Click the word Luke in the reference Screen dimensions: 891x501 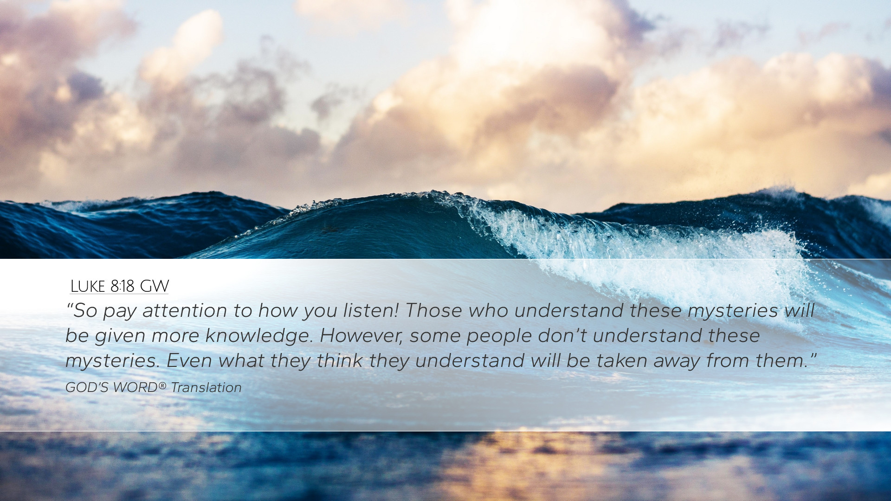pos(88,286)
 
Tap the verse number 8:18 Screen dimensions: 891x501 pos(123,286)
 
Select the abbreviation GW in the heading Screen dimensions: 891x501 pos(155,286)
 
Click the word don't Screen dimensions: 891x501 pos(562,335)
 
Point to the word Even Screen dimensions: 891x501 pos(189,360)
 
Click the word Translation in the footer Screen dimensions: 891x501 pos(206,387)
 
